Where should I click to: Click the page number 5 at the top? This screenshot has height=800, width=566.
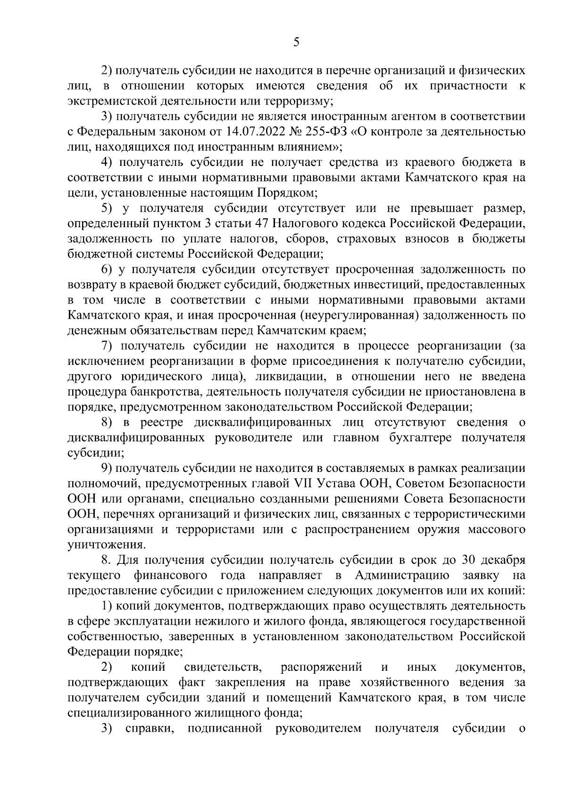296,42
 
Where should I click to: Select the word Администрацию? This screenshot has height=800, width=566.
402,576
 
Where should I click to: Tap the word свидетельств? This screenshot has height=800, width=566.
222,668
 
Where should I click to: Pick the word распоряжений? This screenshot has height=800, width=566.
321,668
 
